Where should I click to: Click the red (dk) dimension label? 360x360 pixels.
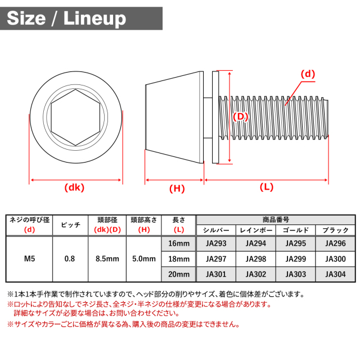[74, 188]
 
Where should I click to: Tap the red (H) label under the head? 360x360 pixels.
[177, 189]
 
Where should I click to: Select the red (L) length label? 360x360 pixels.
[267, 187]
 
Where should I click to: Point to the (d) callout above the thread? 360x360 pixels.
[308, 74]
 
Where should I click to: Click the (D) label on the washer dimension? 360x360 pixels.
[240, 116]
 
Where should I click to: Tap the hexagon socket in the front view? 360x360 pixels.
[75, 118]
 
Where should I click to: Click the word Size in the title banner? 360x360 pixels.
[26, 19]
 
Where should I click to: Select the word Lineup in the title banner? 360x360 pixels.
[95, 19]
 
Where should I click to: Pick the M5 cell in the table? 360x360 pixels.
[30, 259]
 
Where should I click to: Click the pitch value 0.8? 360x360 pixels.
[70, 259]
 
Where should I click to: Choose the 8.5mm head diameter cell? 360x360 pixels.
[107, 259]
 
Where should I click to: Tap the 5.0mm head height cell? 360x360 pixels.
[144, 259]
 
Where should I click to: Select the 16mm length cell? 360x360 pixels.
[179, 244]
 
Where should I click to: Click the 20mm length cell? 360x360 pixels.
[179, 274]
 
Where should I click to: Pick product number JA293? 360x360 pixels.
[216, 244]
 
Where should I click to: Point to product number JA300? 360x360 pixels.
[335, 259]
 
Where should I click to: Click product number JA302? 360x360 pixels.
[256, 274]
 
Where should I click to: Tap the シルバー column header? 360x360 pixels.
[216, 230]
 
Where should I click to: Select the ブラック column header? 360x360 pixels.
[335, 230]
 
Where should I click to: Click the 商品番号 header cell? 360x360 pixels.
[276, 220]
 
